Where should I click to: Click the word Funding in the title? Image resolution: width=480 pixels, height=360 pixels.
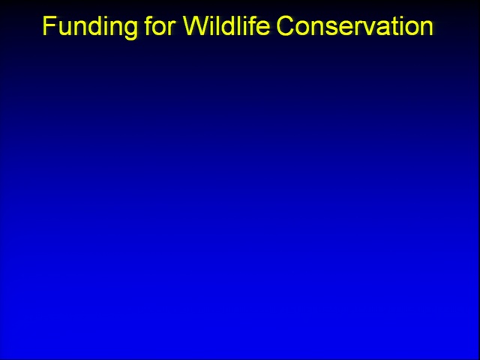(x=90, y=27)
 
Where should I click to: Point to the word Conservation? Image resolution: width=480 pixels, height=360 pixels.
(x=355, y=25)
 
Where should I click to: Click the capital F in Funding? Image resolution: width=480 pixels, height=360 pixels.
(x=49, y=25)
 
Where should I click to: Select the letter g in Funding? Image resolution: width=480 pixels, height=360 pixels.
(x=130, y=28)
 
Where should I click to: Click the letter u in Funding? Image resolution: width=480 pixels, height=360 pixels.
(x=64, y=28)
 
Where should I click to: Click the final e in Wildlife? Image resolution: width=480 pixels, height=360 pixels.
(x=263, y=28)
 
